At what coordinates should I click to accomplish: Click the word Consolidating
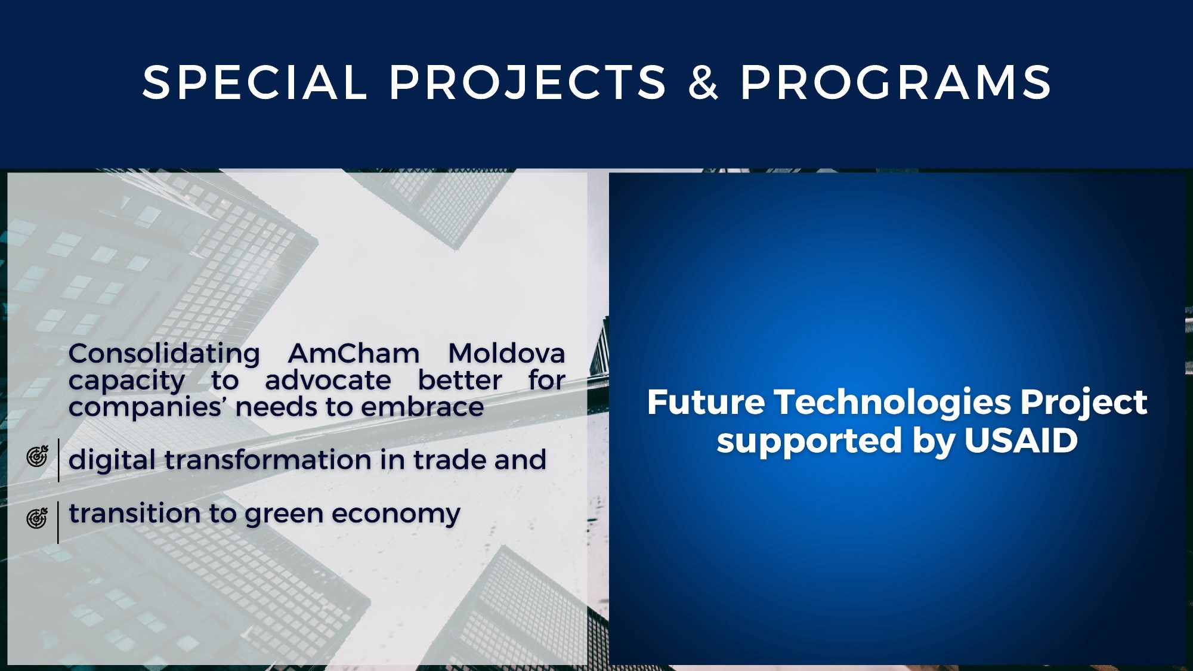(164, 354)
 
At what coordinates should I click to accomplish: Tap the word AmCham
(354, 354)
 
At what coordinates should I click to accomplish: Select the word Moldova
(506, 354)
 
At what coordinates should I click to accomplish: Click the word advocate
(328, 381)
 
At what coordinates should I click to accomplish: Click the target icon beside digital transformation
(37, 456)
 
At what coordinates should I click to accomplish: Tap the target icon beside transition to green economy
(37, 518)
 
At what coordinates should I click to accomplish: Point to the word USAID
(1021, 441)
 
